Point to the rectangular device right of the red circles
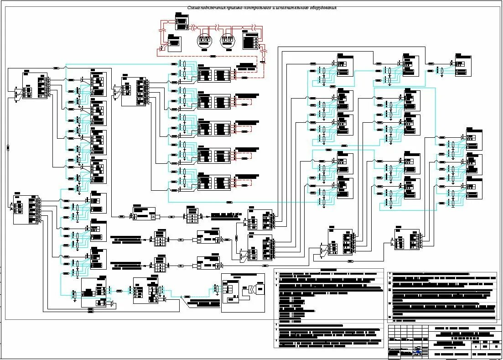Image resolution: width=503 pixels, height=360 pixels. pyautogui.click(x=250, y=42)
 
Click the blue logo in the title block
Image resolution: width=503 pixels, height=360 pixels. pyautogui.click(x=417, y=350)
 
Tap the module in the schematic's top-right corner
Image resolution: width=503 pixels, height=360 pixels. pyautogui.click(x=462, y=65)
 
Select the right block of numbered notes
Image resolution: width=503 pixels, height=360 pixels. pyautogui.click(x=441, y=297)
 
